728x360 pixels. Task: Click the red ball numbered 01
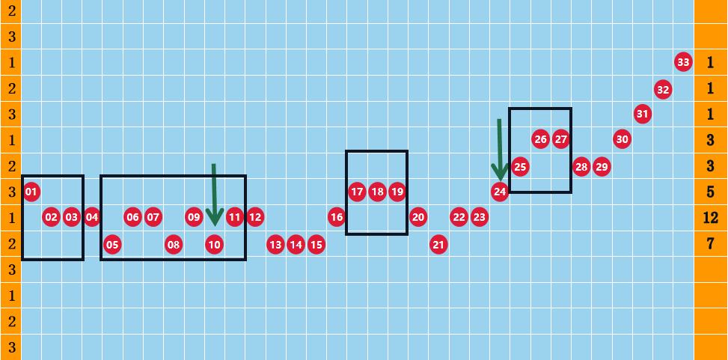31,192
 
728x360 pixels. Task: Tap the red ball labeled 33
683,62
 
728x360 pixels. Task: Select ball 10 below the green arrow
214,244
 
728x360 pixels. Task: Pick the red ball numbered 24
500,192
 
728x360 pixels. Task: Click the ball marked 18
377,192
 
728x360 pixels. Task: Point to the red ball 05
112,244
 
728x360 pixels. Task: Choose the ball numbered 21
438,244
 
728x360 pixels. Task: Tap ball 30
623,139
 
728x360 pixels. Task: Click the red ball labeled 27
561,139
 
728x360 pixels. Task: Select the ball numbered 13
275,244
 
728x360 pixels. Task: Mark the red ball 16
337,217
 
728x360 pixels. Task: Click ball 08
173,244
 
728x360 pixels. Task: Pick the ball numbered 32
663,90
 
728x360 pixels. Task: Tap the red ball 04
92,217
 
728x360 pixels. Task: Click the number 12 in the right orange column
711,217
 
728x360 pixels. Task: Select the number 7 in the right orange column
710,243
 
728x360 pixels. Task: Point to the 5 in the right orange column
710,192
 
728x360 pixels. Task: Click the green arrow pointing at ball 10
213,195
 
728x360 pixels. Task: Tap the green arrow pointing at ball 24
500,150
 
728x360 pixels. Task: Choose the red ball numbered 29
602,166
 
